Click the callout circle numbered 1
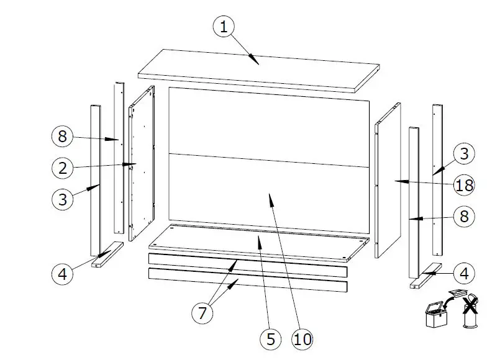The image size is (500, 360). (225, 28)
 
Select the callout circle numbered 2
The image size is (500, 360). (62, 168)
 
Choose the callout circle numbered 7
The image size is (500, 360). (202, 313)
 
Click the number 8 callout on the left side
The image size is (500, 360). (62, 137)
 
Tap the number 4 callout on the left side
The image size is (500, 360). (62, 274)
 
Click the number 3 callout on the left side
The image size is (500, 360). (62, 200)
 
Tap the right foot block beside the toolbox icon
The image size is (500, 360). (425, 276)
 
